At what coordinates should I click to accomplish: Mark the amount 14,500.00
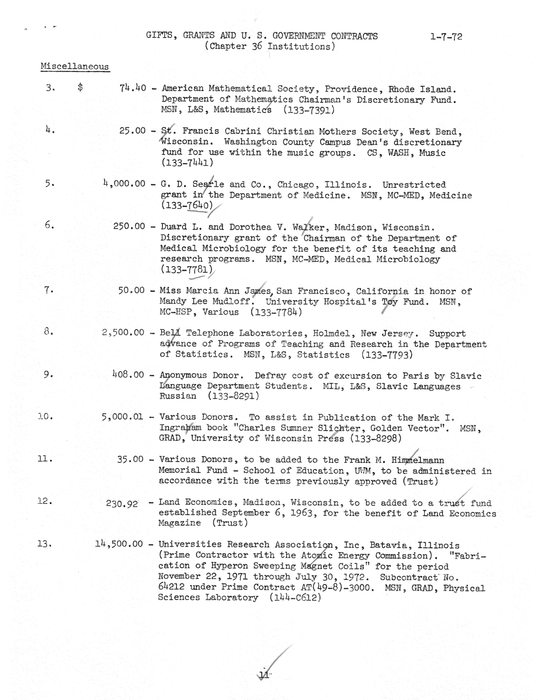pyautogui.click(x=119, y=544)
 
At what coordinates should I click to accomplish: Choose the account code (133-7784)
pyautogui.click(x=276, y=312)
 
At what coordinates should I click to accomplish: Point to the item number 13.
pyautogui.click(x=45, y=544)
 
